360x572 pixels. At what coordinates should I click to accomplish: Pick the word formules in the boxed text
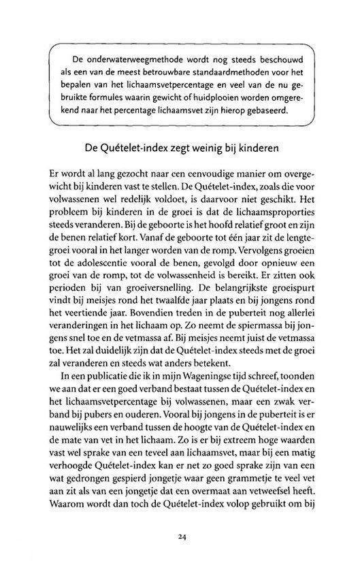pyautogui.click(x=105, y=93)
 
